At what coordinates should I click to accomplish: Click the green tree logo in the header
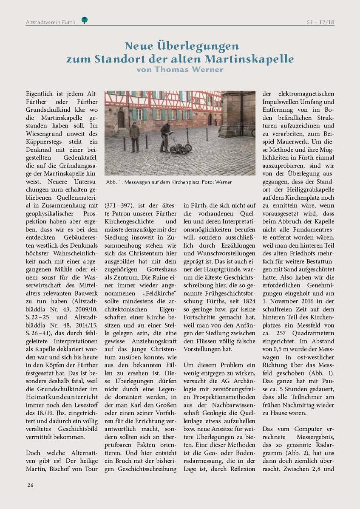85,20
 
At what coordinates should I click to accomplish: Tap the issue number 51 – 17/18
320,22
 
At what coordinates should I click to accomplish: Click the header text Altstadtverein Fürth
50,22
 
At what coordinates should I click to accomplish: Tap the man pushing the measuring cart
165,135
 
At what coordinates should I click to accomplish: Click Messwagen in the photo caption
136,182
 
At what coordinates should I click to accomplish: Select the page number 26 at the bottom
31,485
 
